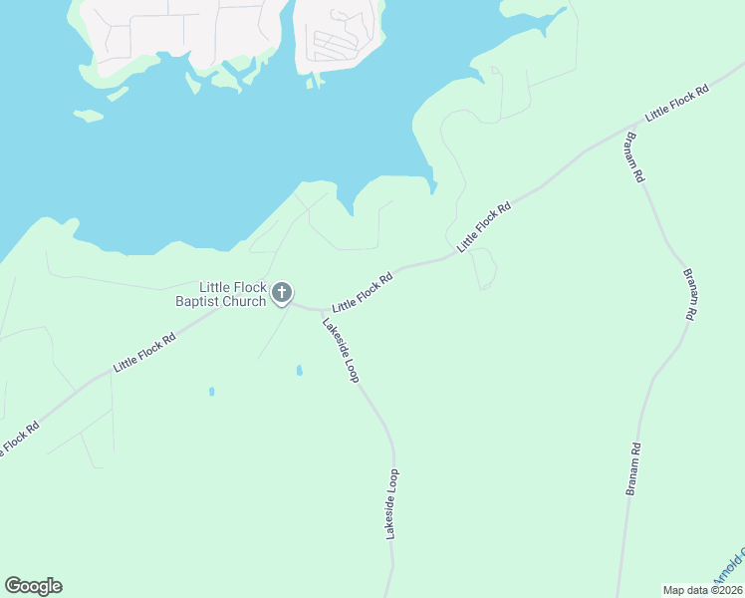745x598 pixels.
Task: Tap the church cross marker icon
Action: (x=282, y=293)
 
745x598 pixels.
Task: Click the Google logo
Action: (x=33, y=586)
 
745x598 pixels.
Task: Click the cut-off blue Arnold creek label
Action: (x=728, y=568)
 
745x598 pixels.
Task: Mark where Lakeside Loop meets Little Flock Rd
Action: (x=320, y=310)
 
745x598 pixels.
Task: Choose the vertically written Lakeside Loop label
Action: (x=392, y=504)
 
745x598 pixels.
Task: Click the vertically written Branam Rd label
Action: (x=631, y=469)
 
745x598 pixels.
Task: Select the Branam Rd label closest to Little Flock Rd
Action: (x=633, y=156)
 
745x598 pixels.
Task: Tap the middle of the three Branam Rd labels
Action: (x=688, y=293)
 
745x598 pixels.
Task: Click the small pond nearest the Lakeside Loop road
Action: (x=299, y=371)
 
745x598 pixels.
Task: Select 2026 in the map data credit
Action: (x=727, y=590)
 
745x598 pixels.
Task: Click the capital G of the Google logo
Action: (x=13, y=586)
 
